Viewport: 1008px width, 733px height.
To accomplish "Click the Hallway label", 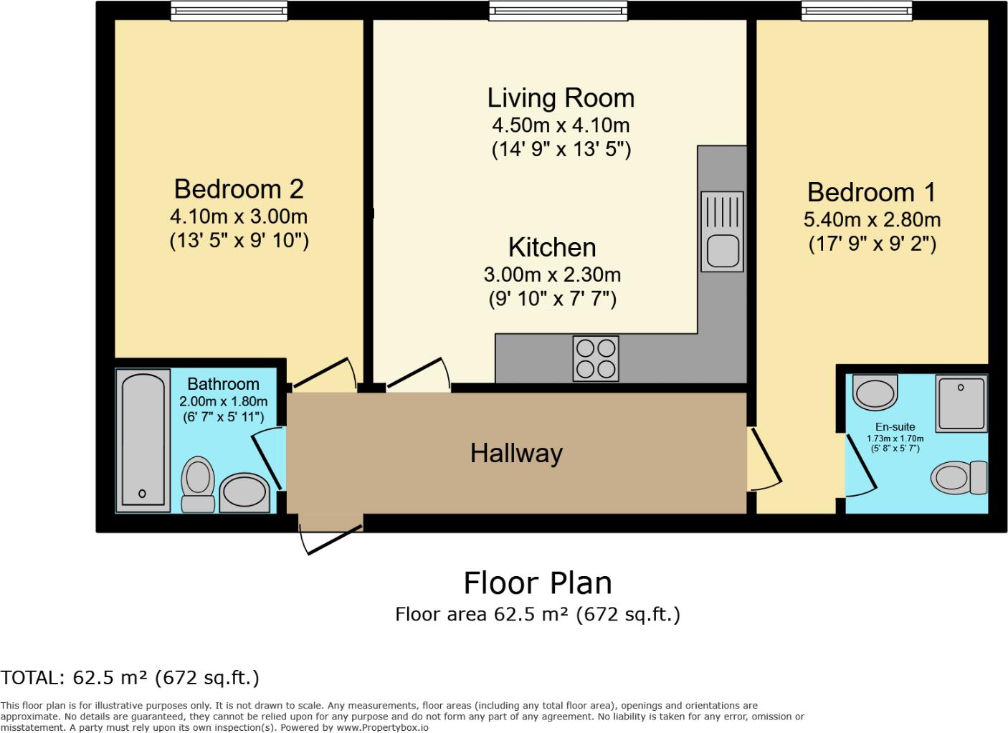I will click(x=516, y=453).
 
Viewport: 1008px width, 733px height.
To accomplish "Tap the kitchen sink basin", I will click(x=722, y=251).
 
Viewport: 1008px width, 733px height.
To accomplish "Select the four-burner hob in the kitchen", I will click(x=596, y=358).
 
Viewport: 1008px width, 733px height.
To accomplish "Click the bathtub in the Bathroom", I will click(x=143, y=439).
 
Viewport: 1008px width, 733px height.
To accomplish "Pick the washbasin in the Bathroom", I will click(x=244, y=492).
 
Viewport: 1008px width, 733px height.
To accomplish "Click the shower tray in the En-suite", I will click(x=961, y=403).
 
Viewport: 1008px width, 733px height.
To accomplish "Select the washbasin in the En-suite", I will click(x=875, y=391).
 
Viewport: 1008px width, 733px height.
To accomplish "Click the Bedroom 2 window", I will click(x=229, y=10).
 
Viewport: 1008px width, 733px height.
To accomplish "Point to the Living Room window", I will click(x=558, y=10).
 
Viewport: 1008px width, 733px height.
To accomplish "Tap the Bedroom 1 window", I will click(x=857, y=10).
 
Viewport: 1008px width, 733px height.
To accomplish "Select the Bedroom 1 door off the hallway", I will click(x=764, y=459).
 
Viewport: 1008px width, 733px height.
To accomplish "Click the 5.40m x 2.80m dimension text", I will click(x=872, y=219).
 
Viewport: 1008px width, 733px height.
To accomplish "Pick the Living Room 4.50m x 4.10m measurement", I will click(x=561, y=125).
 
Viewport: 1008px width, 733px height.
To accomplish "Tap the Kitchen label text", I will click(x=552, y=247).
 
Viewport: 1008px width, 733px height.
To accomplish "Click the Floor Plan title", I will click(x=538, y=583).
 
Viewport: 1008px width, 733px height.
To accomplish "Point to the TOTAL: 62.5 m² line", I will click(x=130, y=677).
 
